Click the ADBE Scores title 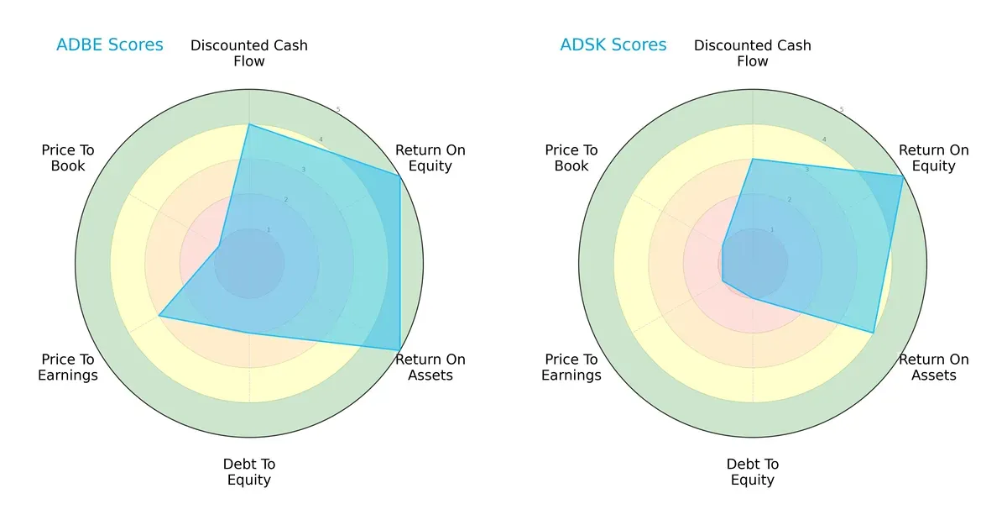(x=110, y=45)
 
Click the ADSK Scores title (x=613, y=45)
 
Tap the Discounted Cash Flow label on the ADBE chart (x=249, y=53)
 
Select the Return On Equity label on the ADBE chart (x=430, y=158)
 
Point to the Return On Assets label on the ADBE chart (x=430, y=367)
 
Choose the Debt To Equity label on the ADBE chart (x=249, y=472)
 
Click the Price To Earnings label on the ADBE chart (x=68, y=367)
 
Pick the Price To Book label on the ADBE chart (x=68, y=158)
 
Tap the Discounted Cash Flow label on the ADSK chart (x=753, y=53)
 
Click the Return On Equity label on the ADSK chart (x=934, y=158)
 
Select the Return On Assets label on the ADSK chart (x=934, y=367)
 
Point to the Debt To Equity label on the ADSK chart (x=753, y=472)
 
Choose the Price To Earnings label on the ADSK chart (x=571, y=367)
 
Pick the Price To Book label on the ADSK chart (x=571, y=158)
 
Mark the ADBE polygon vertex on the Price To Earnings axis (x=159, y=317)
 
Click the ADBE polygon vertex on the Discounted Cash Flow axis (x=249, y=124)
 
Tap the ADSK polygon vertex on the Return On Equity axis (x=903, y=176)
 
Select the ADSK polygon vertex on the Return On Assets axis (x=874, y=333)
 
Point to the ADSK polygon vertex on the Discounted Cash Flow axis (x=753, y=159)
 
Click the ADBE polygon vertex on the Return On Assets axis (x=399, y=350)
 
